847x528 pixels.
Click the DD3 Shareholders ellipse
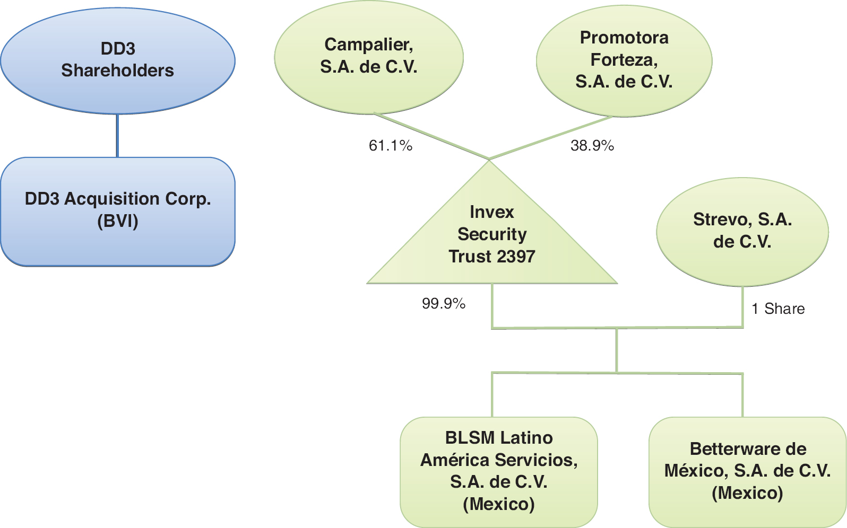tap(117, 60)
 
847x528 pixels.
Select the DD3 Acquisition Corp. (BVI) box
tap(117, 211)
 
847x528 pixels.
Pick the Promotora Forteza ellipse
tap(624, 60)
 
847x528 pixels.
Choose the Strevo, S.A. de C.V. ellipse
tap(742, 231)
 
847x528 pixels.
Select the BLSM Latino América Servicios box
tap(498, 471)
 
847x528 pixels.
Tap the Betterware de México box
tap(747, 471)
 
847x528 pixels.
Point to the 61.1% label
tap(391, 145)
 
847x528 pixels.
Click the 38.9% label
tap(592, 145)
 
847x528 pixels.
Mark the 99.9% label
tap(444, 303)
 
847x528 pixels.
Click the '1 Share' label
tap(778, 309)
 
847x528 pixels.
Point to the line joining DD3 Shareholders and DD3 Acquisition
tap(117, 136)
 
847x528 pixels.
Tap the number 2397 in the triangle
tap(514, 257)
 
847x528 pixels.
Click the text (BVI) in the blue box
tap(117, 221)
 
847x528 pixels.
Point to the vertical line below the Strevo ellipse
tap(742, 306)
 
